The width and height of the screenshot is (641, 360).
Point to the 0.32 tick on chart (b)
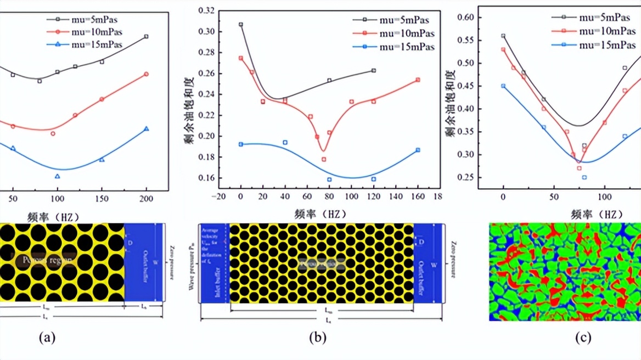(x=209, y=10)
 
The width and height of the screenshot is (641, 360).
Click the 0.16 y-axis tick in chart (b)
(x=209, y=178)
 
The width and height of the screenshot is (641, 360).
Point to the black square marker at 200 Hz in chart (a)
(x=146, y=36)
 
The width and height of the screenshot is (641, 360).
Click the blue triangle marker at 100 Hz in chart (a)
(x=57, y=176)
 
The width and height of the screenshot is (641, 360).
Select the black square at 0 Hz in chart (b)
(x=240, y=25)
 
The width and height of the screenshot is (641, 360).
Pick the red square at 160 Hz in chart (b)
(x=418, y=80)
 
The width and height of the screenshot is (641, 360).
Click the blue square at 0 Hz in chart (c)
(x=503, y=86)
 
